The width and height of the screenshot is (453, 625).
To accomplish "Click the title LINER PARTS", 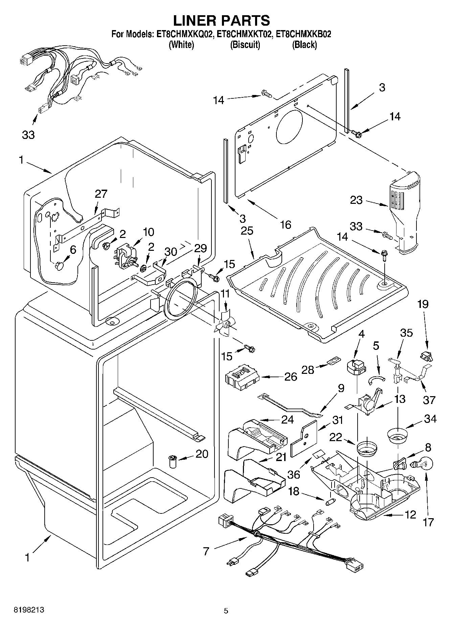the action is tap(222, 20).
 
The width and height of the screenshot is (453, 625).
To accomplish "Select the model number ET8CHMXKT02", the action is tap(245, 34).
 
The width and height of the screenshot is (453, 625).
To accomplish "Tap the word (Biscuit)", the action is tap(245, 45).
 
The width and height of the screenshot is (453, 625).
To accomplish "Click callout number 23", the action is tap(356, 200).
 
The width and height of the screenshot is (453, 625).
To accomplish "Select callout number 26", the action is tap(291, 377).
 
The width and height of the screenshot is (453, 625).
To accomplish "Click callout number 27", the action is tap(101, 194).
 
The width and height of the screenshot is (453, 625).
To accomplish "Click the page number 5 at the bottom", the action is tap(226, 610).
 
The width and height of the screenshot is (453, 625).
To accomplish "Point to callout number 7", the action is tap(206, 551).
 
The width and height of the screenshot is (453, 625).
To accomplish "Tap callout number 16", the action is tap(286, 224).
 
